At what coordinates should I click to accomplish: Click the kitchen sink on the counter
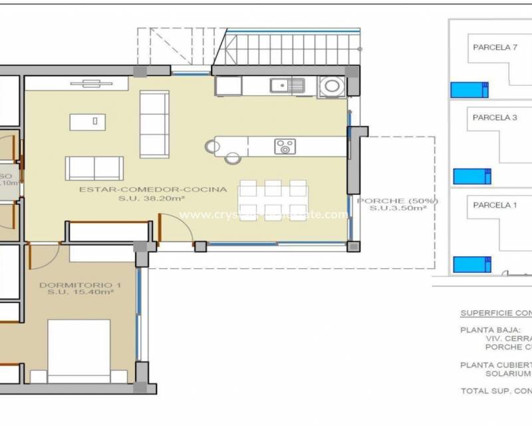(287, 85)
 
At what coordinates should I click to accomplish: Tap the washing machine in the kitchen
(330, 86)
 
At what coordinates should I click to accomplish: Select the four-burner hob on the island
(285, 146)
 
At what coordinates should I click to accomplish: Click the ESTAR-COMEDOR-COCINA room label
(153, 189)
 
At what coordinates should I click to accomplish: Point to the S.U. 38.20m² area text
(152, 198)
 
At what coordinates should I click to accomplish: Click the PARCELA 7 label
(495, 47)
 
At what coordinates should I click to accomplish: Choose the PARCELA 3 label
(495, 118)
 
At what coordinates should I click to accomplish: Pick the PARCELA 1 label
(495, 205)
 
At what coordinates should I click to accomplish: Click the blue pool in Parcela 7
(469, 90)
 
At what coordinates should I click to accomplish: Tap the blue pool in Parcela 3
(471, 176)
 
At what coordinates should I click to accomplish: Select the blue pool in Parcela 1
(471, 264)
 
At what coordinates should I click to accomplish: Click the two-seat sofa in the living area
(94, 168)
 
